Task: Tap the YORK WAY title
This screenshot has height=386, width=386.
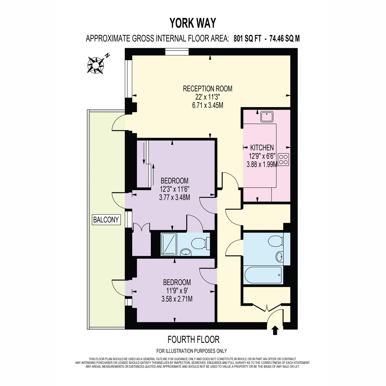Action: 193,23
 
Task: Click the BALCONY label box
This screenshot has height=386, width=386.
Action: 106,220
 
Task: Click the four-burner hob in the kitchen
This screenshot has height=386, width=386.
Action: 284,160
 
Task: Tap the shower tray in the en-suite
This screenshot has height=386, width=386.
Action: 169,244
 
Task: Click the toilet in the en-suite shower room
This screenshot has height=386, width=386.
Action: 200,243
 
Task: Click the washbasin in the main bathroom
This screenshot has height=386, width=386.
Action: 279,257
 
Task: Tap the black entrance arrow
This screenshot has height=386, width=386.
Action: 275,333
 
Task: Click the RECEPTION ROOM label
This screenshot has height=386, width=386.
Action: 207,88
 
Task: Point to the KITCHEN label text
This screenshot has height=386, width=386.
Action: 262,148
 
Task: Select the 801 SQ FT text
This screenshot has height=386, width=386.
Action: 247,39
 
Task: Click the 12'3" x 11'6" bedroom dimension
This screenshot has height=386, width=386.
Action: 174,189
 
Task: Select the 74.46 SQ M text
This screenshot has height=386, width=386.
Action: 284,39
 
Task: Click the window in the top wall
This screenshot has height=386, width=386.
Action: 177,52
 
